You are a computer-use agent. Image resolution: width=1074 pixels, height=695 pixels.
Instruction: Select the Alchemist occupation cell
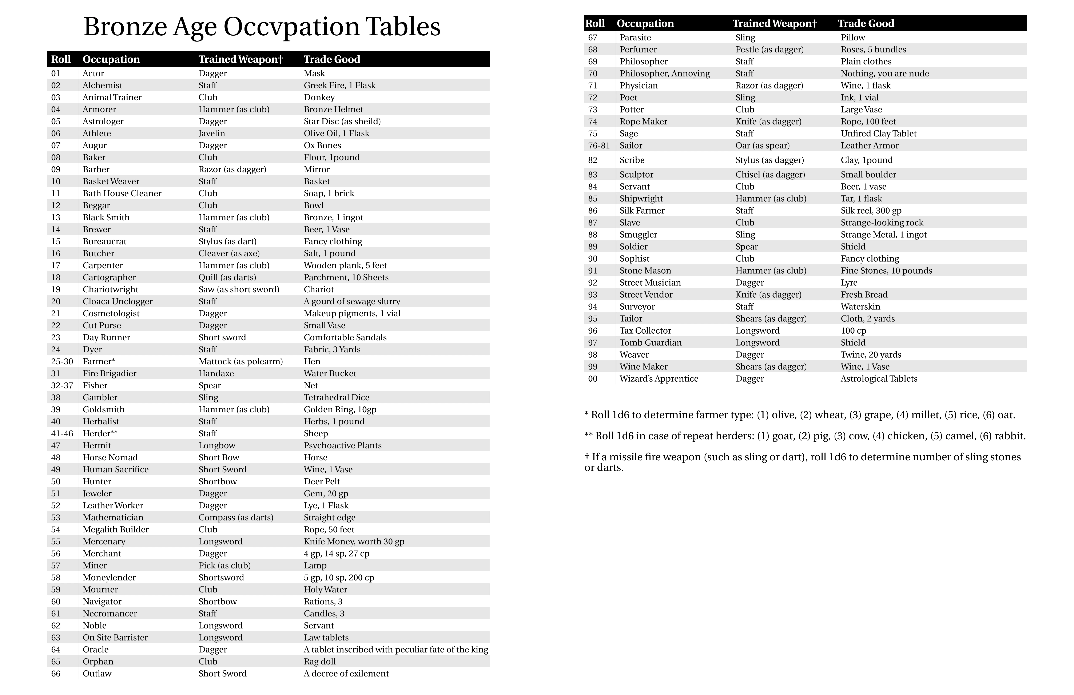(x=102, y=85)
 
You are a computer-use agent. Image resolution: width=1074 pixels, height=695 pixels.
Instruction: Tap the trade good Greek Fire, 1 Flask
(x=339, y=85)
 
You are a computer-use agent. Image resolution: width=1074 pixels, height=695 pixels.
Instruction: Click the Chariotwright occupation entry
(x=111, y=289)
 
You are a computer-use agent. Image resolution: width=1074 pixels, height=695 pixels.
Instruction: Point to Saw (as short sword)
(x=239, y=289)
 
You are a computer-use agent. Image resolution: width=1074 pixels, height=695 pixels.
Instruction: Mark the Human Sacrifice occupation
(x=116, y=469)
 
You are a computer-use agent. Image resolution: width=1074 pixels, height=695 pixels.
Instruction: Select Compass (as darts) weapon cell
(x=236, y=518)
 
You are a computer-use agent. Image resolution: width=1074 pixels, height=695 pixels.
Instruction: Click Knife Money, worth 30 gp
(x=354, y=541)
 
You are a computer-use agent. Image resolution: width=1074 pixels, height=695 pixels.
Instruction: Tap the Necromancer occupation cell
(x=110, y=613)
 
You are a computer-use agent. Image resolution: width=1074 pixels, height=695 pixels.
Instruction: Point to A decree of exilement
(x=346, y=673)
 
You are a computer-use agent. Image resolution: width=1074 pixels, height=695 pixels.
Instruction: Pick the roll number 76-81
(x=599, y=145)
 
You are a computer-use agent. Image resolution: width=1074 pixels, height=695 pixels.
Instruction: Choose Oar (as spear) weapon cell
(x=762, y=145)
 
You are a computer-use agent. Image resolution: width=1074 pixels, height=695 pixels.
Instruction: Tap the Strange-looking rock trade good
(x=882, y=222)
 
